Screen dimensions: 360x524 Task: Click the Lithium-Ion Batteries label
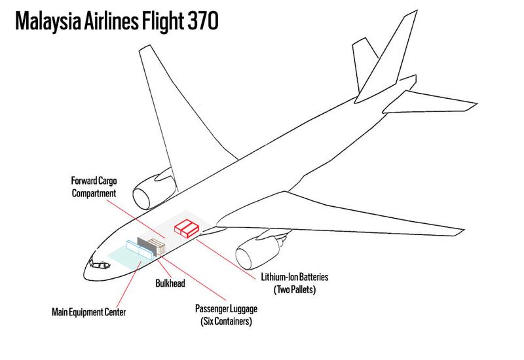[289, 278]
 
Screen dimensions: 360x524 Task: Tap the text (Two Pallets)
[289, 289]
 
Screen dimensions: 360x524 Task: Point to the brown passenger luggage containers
[156, 247]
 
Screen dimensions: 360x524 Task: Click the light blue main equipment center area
[121, 255]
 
